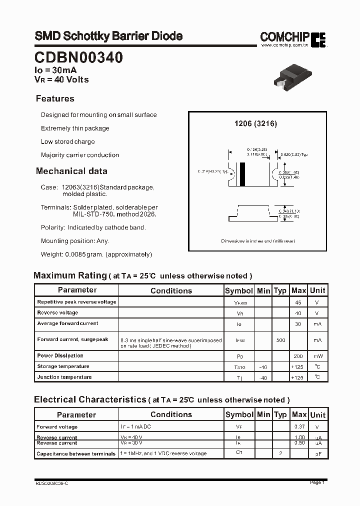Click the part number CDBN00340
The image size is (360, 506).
coord(79,58)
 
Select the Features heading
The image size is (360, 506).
coord(55,98)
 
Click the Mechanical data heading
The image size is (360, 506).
coord(71,171)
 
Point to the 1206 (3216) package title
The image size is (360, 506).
coord(255,123)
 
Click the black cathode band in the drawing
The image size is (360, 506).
coord(243,174)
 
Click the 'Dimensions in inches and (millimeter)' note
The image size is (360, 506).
coord(258,241)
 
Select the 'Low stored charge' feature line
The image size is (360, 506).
coord(67,141)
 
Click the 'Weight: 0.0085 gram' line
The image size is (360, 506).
coord(96,254)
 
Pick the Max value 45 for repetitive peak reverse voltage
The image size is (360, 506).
coord(298,302)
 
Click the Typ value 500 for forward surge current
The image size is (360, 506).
coord(280,340)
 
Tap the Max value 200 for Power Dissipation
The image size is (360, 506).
coord(298,356)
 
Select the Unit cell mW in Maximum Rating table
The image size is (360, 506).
coord(317,356)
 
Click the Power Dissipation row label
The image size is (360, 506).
coord(60,355)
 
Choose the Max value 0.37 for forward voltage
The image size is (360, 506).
coord(298,427)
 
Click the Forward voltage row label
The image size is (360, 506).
coord(57,427)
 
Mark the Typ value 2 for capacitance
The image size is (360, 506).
coord(280,453)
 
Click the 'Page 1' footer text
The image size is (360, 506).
coord(317,482)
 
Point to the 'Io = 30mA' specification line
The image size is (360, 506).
coord(55,71)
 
